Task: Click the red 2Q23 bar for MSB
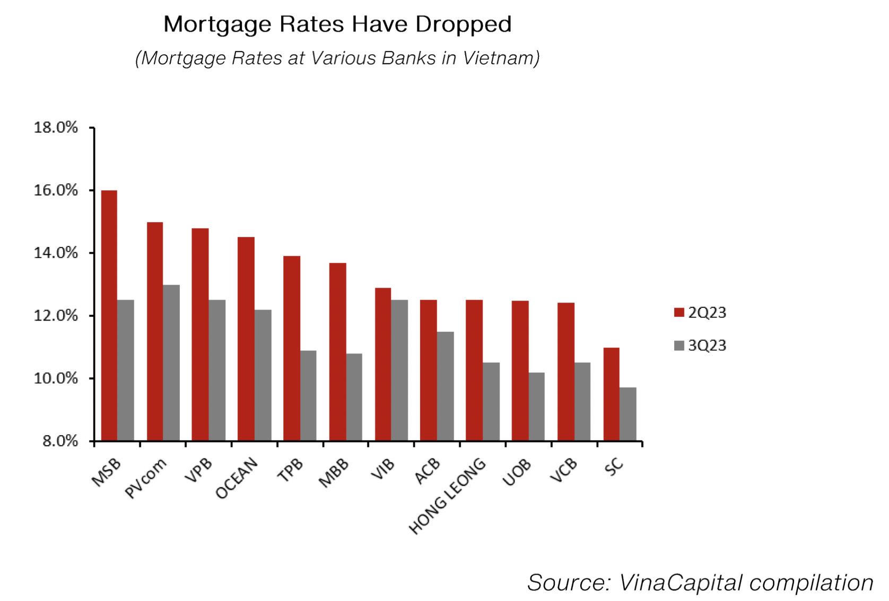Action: (109, 315)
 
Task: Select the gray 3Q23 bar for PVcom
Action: (171, 363)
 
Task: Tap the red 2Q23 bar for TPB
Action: (292, 348)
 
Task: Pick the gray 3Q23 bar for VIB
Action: (399, 370)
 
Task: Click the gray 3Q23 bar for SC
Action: (628, 414)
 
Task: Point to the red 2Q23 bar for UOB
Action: (520, 370)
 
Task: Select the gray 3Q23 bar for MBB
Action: (354, 397)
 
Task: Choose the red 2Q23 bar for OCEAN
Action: (246, 339)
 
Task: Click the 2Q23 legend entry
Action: (700, 313)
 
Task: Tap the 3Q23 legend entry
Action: (700, 346)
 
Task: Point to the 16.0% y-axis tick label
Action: (56, 190)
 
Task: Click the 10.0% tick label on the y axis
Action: (56, 378)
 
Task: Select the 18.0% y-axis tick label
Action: (56, 128)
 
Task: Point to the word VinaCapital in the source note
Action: (678, 582)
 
